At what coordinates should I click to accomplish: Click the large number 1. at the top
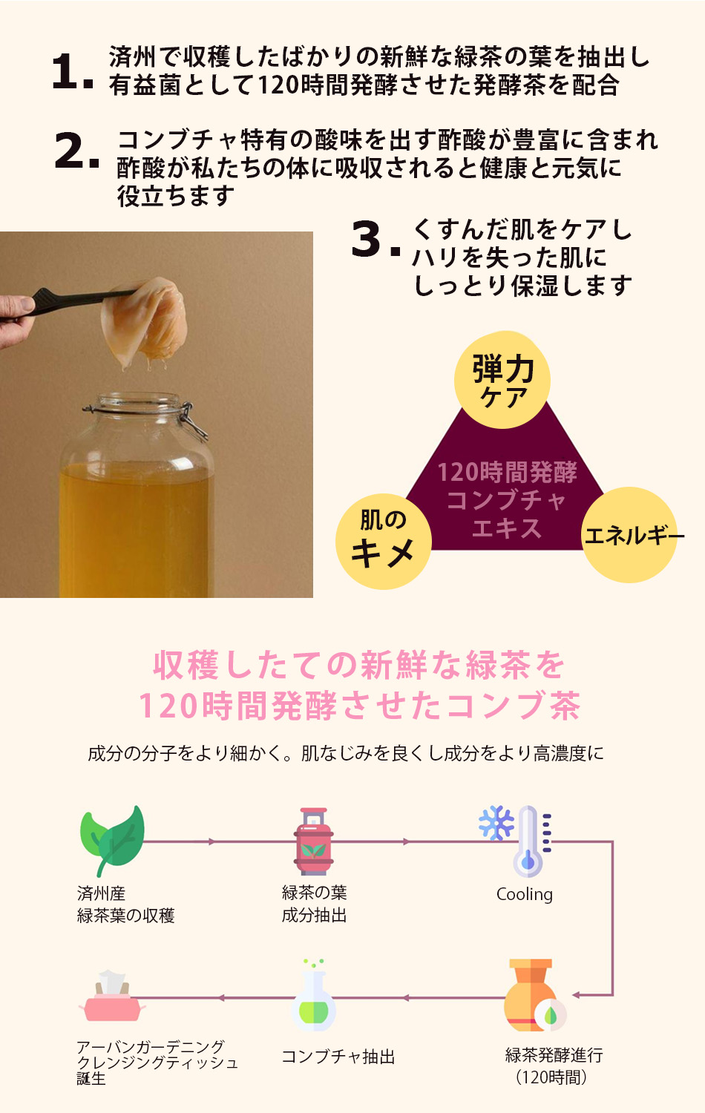tap(72, 73)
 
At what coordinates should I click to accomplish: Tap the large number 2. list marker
tap(76, 151)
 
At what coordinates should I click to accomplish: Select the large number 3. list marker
tap(375, 240)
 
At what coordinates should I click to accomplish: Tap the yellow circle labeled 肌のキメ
tap(383, 542)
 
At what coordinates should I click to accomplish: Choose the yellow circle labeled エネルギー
tap(629, 535)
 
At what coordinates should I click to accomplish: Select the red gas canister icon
tap(314, 841)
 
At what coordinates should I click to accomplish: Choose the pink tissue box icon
tap(111, 998)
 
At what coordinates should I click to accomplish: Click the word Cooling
tap(524, 894)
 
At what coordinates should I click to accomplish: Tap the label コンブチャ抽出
tap(338, 1057)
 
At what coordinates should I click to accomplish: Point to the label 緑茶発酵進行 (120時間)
tap(554, 1066)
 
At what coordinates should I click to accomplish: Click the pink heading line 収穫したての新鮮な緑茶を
tap(359, 666)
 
